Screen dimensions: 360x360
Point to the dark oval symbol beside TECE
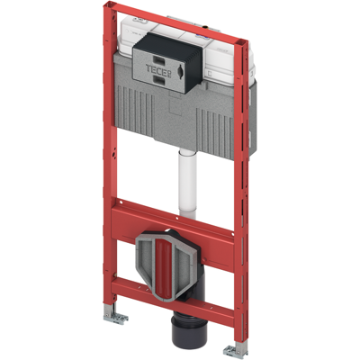click(x=180, y=70)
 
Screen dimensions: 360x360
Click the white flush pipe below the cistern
click(x=187, y=184)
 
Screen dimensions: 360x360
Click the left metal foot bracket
click(x=116, y=316)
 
